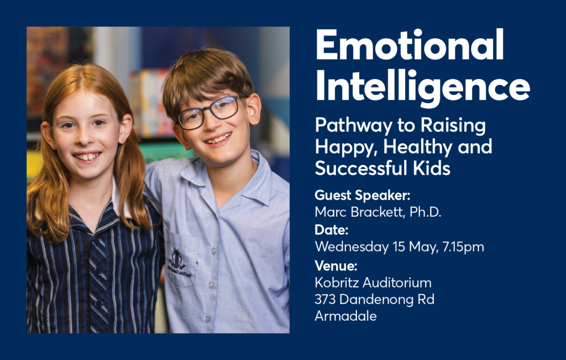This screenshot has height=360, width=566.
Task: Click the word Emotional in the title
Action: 410,45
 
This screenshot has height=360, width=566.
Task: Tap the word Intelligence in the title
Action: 423,87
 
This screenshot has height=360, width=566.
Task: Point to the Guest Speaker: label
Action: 363,196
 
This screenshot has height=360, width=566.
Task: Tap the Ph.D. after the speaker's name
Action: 425,212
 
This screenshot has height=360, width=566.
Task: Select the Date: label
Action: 332,229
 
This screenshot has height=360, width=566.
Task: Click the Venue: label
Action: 336,266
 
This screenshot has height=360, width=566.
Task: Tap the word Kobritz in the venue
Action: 337,283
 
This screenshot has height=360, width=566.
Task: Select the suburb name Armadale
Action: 345,316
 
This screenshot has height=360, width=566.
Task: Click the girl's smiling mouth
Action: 87,156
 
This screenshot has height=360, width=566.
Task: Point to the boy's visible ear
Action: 254,108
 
